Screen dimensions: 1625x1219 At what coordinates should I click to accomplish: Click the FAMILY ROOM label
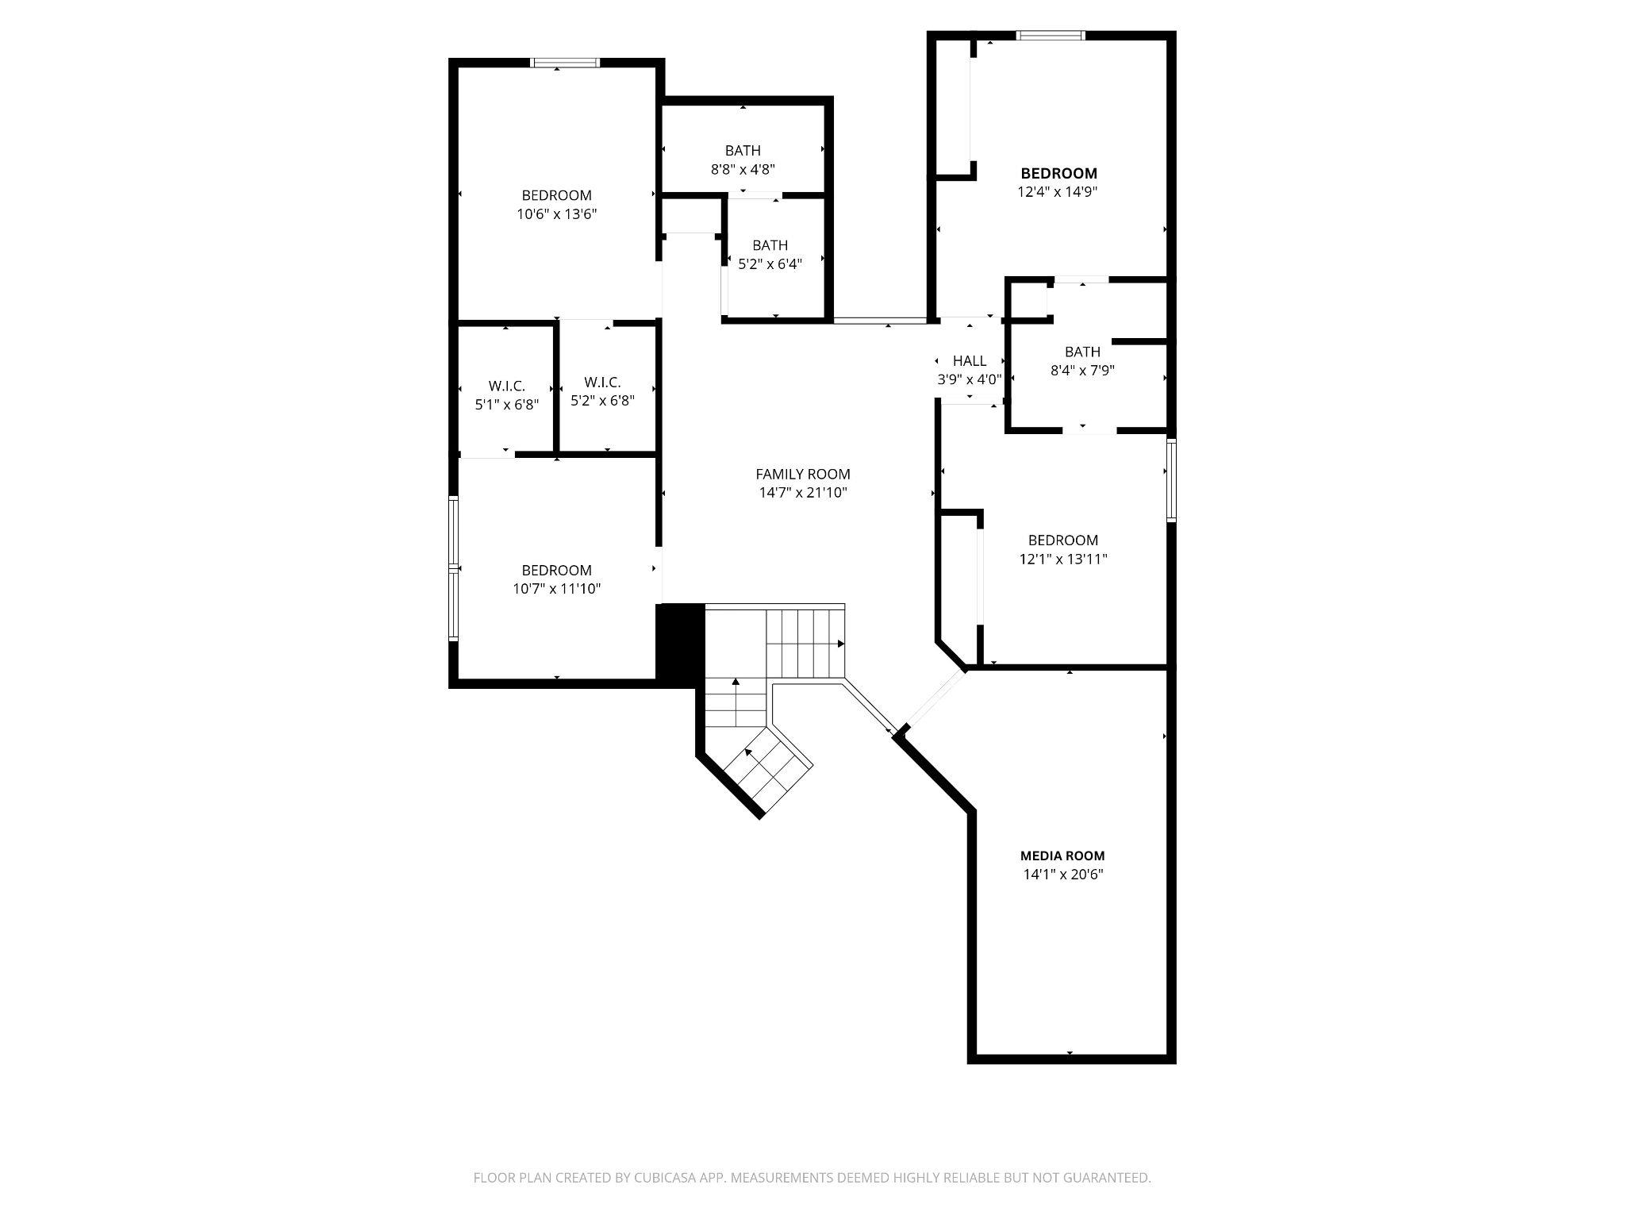[x=802, y=474]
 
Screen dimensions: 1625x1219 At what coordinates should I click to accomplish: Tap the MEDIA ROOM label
[x=1062, y=856]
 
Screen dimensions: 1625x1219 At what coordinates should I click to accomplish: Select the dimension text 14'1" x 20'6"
[x=1062, y=875]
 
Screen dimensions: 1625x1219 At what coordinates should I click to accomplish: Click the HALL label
[x=970, y=361]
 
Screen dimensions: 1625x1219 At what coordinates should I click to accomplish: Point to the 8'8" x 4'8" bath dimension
[x=743, y=169]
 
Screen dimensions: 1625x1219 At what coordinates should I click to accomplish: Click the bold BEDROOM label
[x=1058, y=173]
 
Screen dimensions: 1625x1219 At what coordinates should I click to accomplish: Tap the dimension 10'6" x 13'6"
[x=556, y=213]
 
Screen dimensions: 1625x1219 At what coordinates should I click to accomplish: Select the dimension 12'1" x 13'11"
[x=1063, y=559]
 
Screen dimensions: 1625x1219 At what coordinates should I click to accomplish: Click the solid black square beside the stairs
[x=681, y=642]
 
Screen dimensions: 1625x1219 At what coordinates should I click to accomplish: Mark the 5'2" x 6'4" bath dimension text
[x=770, y=264]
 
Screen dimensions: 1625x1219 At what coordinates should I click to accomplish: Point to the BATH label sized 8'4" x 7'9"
[x=1082, y=352]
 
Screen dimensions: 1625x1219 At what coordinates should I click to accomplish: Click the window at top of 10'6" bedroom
[x=565, y=63]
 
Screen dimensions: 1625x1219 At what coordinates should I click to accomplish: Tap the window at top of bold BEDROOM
[x=1051, y=35]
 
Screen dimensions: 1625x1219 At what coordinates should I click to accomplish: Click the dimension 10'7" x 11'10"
[x=556, y=589]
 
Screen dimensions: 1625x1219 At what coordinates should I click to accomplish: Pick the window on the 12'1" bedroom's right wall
[x=1171, y=480]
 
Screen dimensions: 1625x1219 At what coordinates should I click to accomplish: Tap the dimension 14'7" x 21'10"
[x=803, y=493]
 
